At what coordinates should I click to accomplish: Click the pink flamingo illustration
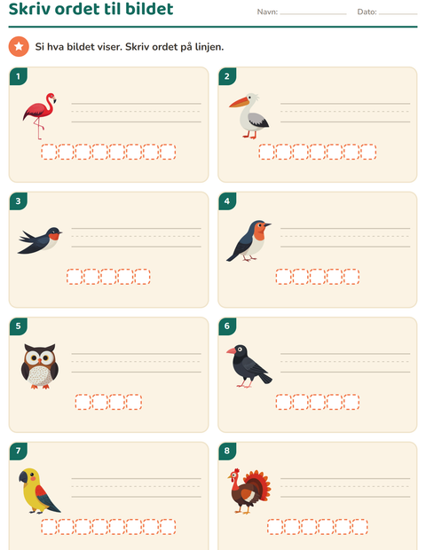[x=39, y=115]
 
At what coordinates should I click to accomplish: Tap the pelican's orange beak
[x=240, y=102]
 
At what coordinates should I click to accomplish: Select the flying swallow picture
[x=40, y=240]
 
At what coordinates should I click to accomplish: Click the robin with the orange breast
[x=248, y=241]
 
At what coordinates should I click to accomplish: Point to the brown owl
[x=40, y=366]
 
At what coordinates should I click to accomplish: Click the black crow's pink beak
[x=232, y=350]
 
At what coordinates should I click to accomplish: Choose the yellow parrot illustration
[x=38, y=491]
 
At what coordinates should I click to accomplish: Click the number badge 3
[x=19, y=201]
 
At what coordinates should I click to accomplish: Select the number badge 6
[x=227, y=326]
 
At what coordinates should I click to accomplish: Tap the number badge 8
[x=227, y=451]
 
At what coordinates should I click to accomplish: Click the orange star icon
[x=19, y=46]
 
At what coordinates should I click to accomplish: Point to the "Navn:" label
[x=267, y=12]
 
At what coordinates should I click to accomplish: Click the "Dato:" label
[x=367, y=12]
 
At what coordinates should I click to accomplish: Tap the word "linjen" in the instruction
[x=209, y=47]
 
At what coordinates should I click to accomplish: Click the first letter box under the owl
[x=83, y=402]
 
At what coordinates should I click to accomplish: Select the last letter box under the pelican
[x=368, y=152]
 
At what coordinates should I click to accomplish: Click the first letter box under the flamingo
[x=49, y=152]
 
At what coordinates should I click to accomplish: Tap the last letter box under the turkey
[x=359, y=527]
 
